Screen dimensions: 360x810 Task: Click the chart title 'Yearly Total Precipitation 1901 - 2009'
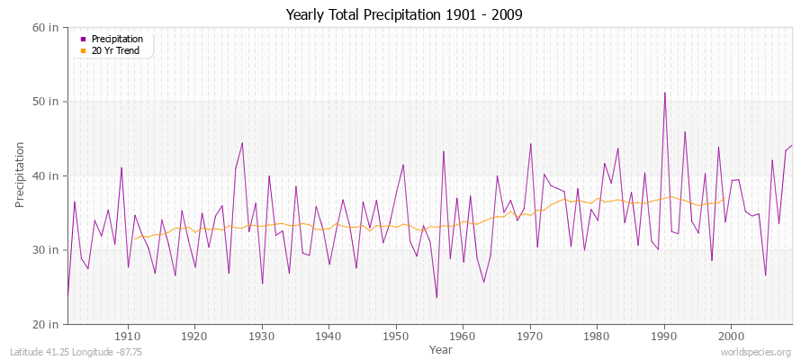point(404,15)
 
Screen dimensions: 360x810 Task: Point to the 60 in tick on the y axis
point(46,27)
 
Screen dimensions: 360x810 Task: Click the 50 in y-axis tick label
point(46,102)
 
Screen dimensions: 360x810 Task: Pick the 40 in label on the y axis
point(46,175)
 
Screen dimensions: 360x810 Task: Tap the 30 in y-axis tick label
point(46,249)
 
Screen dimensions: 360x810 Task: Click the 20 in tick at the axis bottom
point(46,323)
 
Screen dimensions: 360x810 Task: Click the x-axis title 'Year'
point(441,349)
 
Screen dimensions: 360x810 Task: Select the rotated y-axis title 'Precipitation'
point(21,175)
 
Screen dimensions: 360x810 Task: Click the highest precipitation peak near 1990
point(664,93)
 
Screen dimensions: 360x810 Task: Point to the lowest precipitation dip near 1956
point(436,298)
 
